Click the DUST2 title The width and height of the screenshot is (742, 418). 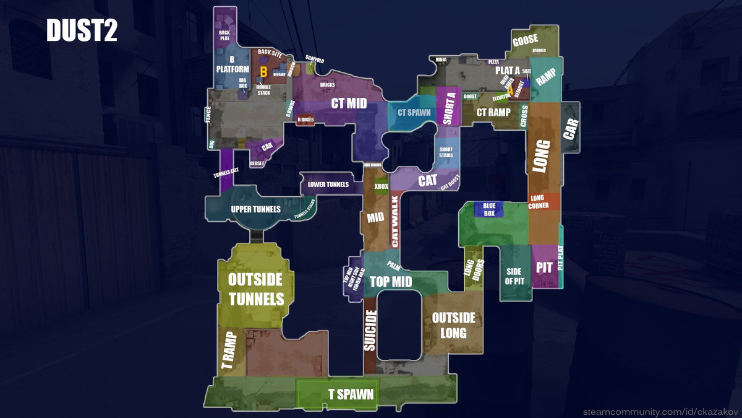[x=82, y=31]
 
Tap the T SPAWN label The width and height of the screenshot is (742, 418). [x=351, y=394]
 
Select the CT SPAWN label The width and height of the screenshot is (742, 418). [x=414, y=113]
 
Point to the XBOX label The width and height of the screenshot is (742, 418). [x=382, y=186]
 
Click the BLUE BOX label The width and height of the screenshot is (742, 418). [x=489, y=209]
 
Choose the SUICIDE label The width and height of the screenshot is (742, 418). [x=370, y=331]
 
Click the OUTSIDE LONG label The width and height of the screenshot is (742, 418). [x=453, y=324]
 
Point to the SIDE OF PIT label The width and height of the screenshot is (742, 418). [x=514, y=276]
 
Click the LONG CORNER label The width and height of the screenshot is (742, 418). [x=538, y=202]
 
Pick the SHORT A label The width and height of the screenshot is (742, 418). [x=450, y=107]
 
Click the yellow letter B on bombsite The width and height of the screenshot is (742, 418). [x=263, y=72]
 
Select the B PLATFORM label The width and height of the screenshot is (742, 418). [x=232, y=65]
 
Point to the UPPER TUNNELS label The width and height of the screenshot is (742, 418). [x=255, y=209]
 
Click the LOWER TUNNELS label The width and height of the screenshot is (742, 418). [x=328, y=185]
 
